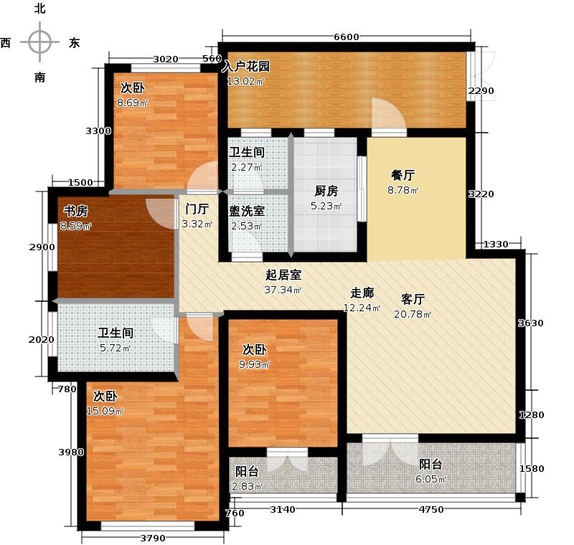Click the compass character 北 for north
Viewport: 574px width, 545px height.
(x=40, y=9)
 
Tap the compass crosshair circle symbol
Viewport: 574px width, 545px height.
(x=39, y=42)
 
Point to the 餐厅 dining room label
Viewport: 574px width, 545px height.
(x=403, y=174)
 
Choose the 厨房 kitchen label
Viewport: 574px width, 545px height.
(x=326, y=191)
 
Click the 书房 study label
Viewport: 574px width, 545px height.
(x=75, y=211)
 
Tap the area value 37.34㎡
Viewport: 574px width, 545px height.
(x=284, y=290)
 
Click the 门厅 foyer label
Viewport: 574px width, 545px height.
(x=196, y=209)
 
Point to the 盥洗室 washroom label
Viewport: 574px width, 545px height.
(x=246, y=211)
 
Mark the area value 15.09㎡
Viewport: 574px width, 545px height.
(x=105, y=411)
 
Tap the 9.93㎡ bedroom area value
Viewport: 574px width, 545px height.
(x=255, y=365)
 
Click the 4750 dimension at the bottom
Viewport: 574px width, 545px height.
(x=431, y=510)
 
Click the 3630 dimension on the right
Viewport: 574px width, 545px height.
(x=532, y=323)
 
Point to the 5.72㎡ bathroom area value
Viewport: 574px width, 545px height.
(x=115, y=349)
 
